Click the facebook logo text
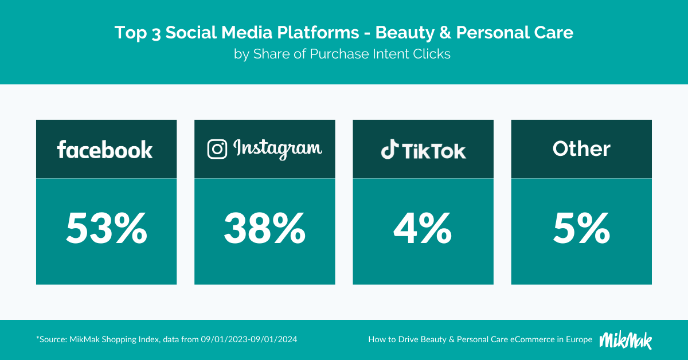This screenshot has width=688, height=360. [x=105, y=150]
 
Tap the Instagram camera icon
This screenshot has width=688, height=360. [x=217, y=149]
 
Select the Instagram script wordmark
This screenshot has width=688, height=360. [x=277, y=149]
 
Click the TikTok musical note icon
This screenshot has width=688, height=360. [x=390, y=149]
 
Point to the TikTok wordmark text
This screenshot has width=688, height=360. [x=434, y=151]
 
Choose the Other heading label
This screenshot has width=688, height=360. [x=581, y=149]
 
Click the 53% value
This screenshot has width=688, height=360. [x=107, y=229]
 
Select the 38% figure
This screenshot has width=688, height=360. [x=265, y=229]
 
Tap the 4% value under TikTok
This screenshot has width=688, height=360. [x=423, y=229]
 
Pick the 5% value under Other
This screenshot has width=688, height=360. [x=581, y=229]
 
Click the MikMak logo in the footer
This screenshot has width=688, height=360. [x=626, y=340]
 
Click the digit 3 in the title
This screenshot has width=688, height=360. [x=156, y=34]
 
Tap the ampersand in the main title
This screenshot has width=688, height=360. [x=445, y=33]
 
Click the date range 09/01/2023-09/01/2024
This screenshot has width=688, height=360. [x=249, y=339]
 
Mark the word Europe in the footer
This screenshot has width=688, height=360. [x=579, y=340]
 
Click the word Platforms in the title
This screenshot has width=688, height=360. [x=318, y=33]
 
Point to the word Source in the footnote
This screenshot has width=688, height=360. [x=53, y=339]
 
